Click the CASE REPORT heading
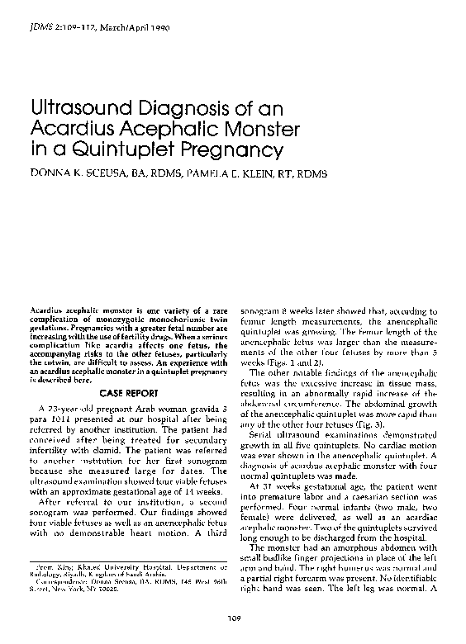(x=132, y=394)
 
